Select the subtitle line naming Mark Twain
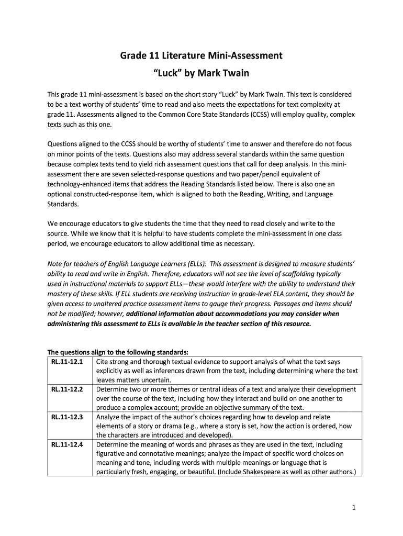pyautogui.click(x=201, y=73)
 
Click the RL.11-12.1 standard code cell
pyautogui.click(x=68, y=362)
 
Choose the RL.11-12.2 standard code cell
pyautogui.click(x=68, y=389)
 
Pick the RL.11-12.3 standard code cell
pyautogui.click(x=68, y=417)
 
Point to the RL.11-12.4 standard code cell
pyautogui.click(x=68, y=445)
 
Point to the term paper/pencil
pyautogui.click(x=262, y=174)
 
